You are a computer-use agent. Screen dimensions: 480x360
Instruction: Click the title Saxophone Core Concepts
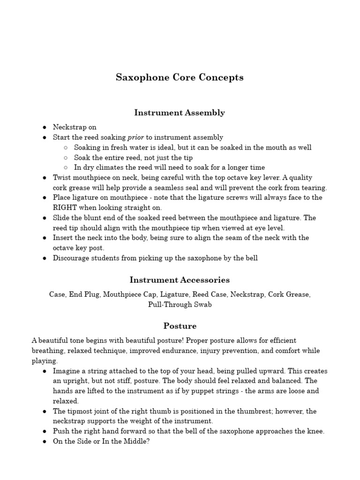point(180,77)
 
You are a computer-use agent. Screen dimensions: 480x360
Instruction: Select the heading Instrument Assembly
point(180,112)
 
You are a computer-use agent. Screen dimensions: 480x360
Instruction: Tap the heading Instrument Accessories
point(180,280)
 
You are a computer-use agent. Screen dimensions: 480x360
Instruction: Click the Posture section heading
point(180,326)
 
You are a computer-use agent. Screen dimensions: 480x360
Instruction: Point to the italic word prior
point(135,137)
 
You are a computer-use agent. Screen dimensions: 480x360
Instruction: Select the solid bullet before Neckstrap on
point(44,127)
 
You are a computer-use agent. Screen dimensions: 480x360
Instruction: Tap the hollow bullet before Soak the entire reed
point(66,158)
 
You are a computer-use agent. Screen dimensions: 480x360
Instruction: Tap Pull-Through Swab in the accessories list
point(180,305)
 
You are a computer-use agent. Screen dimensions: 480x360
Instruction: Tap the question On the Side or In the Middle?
point(101,441)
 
